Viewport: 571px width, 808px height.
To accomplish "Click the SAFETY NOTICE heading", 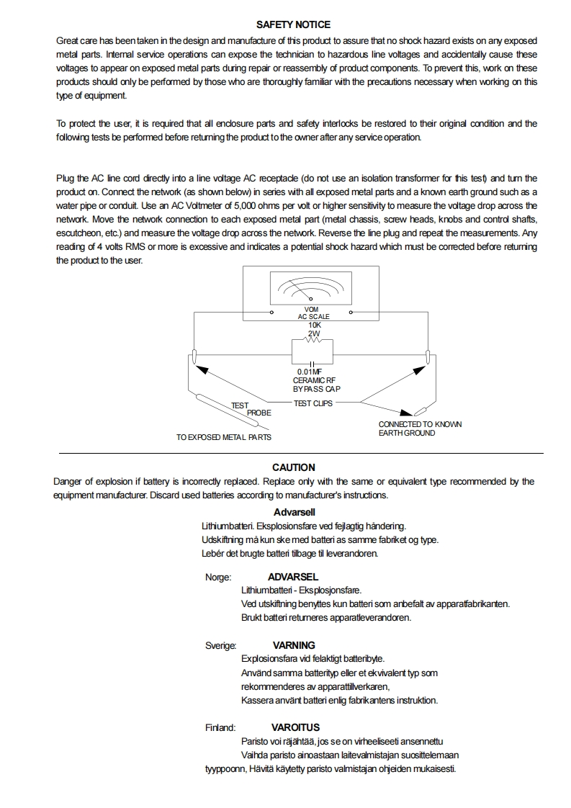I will [x=293, y=24].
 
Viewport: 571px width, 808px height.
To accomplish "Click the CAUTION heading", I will [x=293, y=467].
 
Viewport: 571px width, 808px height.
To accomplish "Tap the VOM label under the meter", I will [x=312, y=309].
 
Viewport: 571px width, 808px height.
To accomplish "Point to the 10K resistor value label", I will [x=314, y=325].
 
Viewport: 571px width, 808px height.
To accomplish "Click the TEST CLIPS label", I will [x=313, y=403].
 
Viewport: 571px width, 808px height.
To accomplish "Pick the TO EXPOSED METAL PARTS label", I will [x=224, y=437].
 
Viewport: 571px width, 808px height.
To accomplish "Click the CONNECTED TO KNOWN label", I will [x=420, y=424].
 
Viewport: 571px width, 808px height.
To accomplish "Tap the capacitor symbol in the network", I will [x=313, y=363].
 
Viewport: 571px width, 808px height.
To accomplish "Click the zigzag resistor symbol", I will [x=313, y=341].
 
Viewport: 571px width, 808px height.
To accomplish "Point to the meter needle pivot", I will [x=310, y=298].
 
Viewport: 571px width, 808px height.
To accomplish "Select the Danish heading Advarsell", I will [x=295, y=512].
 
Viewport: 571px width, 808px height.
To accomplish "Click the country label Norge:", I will [x=218, y=577].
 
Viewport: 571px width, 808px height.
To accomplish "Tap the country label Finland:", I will [x=220, y=727].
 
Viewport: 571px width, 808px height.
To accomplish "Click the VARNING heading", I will [x=294, y=645].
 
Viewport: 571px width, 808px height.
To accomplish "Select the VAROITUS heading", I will [x=295, y=727].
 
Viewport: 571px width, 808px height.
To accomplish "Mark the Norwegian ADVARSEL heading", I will [x=293, y=577].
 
